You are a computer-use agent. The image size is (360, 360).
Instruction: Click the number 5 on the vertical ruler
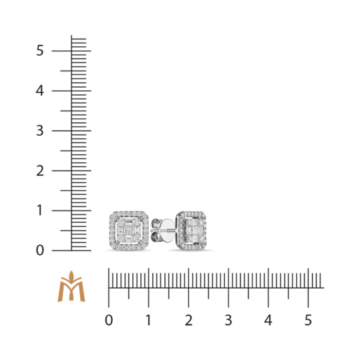coord(39,50)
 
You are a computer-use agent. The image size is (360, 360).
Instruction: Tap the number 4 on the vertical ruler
coord(39,91)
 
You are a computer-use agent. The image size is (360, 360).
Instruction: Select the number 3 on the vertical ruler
coord(39,130)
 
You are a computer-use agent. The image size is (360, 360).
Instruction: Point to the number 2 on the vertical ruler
coord(40,170)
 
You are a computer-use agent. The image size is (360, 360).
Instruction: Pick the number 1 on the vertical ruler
coord(40,211)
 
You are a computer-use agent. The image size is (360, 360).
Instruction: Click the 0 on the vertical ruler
coord(39,251)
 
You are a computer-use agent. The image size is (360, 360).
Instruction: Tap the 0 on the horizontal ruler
coord(109,321)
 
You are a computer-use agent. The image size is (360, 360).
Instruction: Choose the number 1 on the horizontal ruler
coord(149,321)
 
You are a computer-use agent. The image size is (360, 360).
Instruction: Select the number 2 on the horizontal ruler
coord(189,321)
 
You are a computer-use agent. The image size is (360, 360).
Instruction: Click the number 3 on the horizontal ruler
coord(228,321)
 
